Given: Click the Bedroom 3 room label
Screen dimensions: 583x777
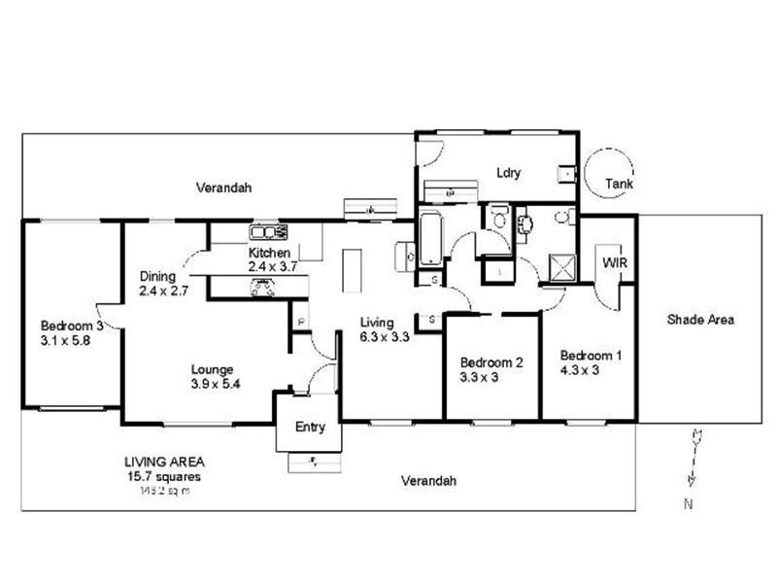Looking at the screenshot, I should pos(71,326).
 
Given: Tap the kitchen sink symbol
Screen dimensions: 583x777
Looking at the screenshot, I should pos(268,231).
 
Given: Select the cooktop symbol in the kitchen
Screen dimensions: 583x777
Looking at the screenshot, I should pos(261,286).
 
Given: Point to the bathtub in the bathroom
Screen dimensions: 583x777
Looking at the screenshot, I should pos(430,239).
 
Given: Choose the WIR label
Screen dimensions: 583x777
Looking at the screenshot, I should pos(614,262).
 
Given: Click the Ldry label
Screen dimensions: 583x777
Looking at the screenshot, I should pos(509,173).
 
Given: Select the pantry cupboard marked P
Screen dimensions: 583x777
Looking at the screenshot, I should pos(301,322).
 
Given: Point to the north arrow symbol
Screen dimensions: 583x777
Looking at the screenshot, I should pos(693,457).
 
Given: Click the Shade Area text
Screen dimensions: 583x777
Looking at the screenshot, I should pos(700,319).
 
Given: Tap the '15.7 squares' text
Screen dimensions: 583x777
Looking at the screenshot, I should pos(163,477).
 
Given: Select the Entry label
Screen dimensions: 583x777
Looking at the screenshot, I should pos(310,427).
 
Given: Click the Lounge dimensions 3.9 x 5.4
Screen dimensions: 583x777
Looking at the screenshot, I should pos(215,384).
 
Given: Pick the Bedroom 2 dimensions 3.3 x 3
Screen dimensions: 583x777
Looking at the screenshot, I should pos(478,377).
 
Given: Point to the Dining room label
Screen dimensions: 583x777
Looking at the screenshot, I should pos(157,276).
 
